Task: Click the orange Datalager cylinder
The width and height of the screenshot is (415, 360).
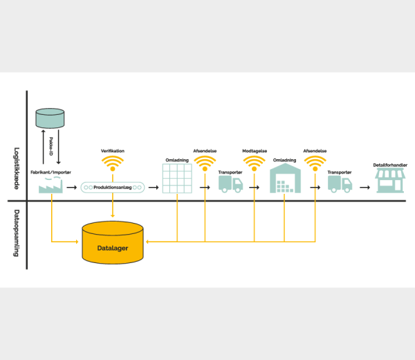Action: coord(113,242)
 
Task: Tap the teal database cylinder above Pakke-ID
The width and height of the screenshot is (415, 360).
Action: coord(50,118)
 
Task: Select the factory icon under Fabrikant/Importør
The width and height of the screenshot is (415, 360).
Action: coord(50,185)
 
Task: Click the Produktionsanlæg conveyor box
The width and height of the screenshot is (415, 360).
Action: coord(113,188)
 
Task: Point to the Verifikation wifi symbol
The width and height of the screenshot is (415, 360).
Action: coord(113,163)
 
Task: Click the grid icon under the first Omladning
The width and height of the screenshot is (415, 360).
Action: coord(177,179)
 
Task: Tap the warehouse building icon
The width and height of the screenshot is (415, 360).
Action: coord(285,179)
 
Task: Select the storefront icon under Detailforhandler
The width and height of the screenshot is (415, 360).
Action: coord(390,181)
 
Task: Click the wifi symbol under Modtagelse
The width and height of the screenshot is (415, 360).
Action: coord(254,163)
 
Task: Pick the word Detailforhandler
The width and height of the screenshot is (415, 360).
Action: coord(390,165)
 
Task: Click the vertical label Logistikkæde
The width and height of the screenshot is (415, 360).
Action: coord(17,168)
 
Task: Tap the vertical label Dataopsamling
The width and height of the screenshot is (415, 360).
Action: coord(17,233)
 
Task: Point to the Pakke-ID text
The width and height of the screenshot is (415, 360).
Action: coord(50,146)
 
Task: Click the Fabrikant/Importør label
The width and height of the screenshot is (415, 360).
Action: coord(50,172)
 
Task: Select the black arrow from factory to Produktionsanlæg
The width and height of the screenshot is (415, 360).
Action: coord(71,188)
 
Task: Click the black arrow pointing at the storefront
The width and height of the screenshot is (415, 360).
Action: coord(365,188)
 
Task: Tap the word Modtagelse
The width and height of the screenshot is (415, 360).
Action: coord(255,151)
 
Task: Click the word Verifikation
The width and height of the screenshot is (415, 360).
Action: coord(113,151)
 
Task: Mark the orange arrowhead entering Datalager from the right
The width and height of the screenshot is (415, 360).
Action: coord(147,242)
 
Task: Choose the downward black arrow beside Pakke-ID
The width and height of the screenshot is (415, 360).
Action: coord(59,147)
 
